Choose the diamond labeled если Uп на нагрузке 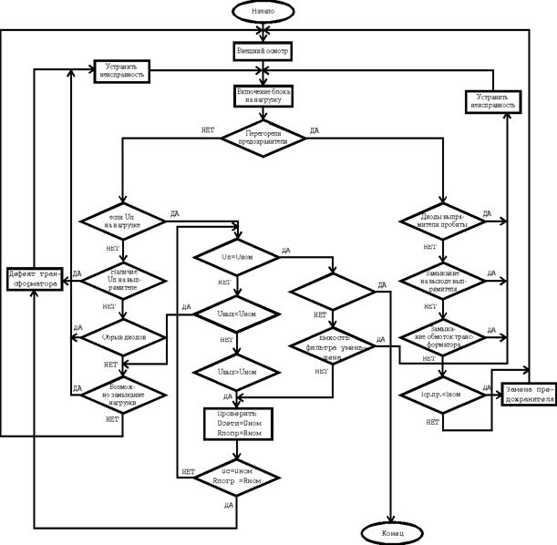tap(121, 221)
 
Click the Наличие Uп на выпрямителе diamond tap(123, 277)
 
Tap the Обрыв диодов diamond tap(123, 336)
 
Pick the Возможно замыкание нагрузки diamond tap(123, 394)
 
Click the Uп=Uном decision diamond tap(236, 258)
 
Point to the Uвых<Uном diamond tap(236, 315)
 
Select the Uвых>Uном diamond tap(236, 373)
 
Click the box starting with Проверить tap(236, 424)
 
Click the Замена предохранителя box tap(527, 393)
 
